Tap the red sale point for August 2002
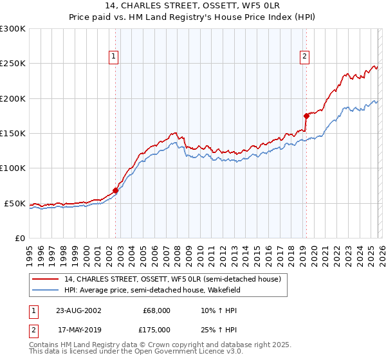[116, 190]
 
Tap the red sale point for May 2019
[306, 116]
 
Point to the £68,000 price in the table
[156, 310]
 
